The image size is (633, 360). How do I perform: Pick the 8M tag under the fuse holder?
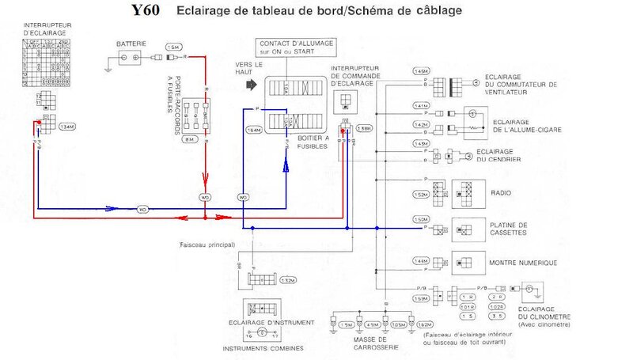click(189, 139)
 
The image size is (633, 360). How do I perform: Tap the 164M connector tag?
click(253, 128)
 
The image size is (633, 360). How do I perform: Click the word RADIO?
click(502, 193)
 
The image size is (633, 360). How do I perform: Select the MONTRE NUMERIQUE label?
click(523, 262)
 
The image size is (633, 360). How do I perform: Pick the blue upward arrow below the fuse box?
click(287, 165)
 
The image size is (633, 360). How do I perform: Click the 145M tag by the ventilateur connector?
click(421, 71)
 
